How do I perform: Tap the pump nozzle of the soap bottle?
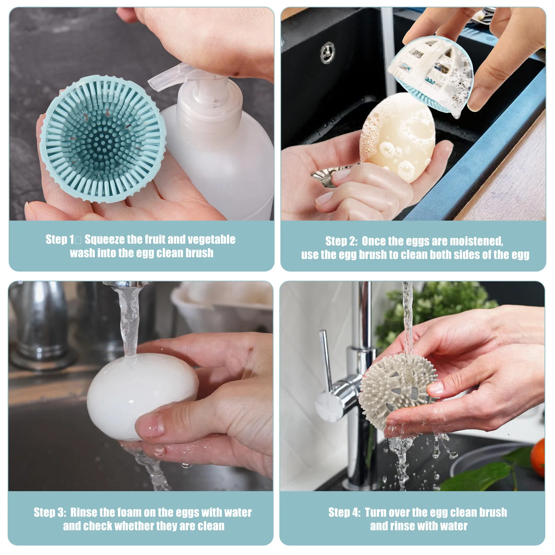[x=163, y=78]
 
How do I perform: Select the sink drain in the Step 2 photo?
[x=327, y=52]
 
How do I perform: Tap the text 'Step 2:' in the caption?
[x=341, y=241]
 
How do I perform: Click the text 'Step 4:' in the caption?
[x=344, y=512]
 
